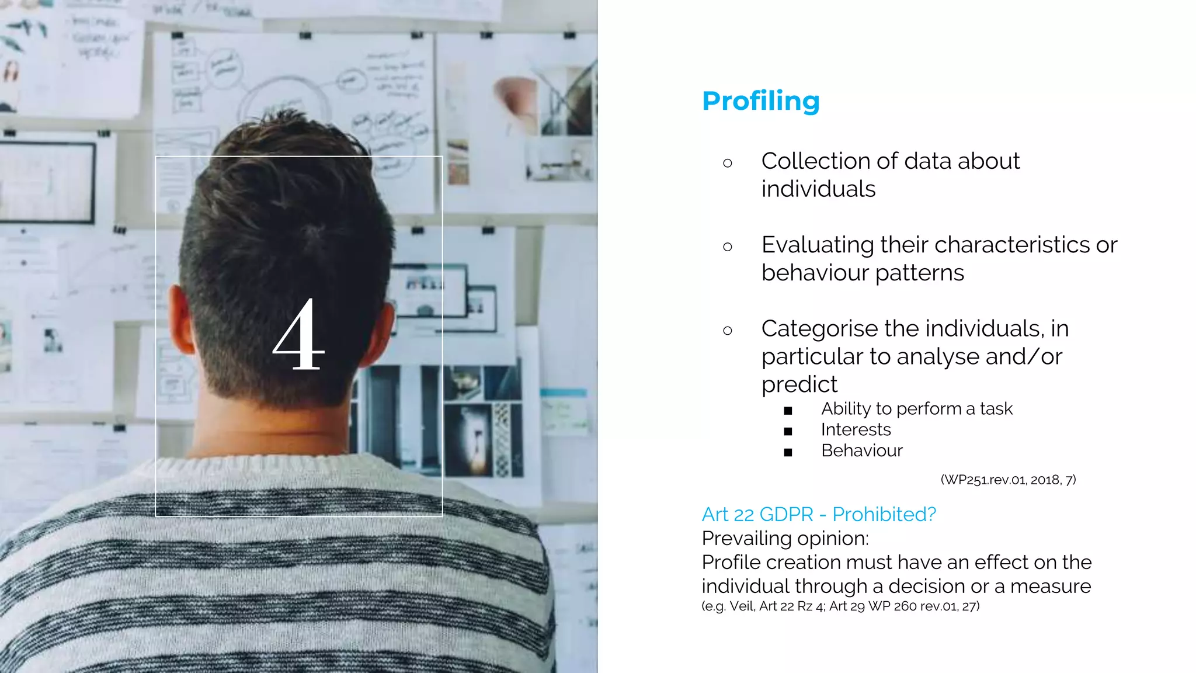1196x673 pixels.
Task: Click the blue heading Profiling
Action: point(760,101)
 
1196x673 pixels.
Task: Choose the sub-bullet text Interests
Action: point(856,430)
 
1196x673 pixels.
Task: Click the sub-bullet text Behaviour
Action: point(861,451)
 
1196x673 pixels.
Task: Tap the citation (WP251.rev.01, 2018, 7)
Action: point(1008,480)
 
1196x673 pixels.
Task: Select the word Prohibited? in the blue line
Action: point(884,515)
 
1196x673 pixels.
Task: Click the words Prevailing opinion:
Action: point(785,539)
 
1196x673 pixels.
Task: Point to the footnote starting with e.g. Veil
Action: point(840,606)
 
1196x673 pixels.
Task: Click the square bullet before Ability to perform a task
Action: point(788,411)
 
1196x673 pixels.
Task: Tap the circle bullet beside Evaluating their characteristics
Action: point(727,247)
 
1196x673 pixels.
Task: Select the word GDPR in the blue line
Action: point(786,515)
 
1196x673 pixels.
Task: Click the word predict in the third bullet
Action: point(799,385)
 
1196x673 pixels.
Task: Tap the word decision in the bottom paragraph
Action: point(926,587)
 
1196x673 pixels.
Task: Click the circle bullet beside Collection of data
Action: point(727,163)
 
